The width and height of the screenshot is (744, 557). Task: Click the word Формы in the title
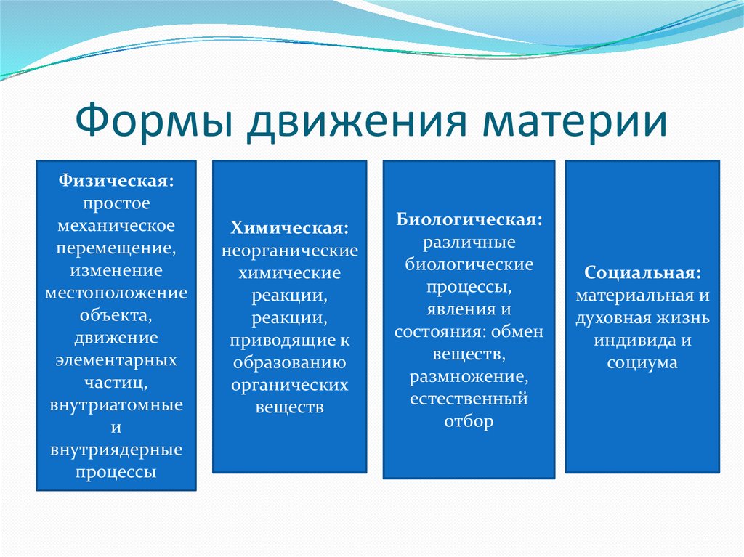(155, 121)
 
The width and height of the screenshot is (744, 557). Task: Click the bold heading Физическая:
(116, 181)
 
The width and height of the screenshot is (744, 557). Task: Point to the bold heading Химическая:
(289, 228)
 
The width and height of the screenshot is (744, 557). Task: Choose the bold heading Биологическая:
(469, 219)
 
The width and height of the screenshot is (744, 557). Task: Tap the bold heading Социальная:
(642, 273)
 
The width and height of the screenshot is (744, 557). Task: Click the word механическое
(116, 225)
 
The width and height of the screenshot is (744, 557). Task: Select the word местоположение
(116, 293)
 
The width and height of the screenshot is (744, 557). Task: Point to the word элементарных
(116, 360)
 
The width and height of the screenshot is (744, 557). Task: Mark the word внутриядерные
(116, 450)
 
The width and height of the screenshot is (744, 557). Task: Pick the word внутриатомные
(116, 405)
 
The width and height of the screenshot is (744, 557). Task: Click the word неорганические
(289, 251)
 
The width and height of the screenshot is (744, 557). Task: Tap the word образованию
(289, 362)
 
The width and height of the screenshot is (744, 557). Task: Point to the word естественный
(469, 399)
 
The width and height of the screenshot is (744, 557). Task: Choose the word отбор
(469, 420)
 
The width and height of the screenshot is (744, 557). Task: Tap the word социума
(642, 363)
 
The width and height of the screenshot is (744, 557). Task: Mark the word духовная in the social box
(607, 318)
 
